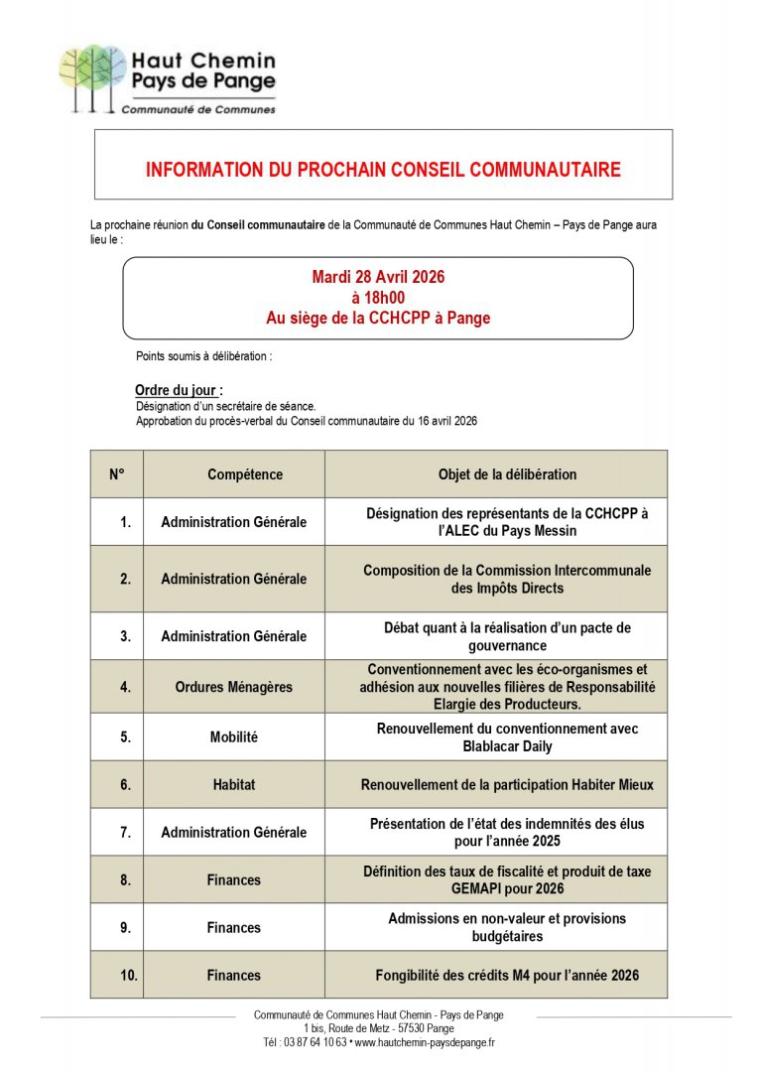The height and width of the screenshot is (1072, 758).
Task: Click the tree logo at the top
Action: click(x=92, y=76)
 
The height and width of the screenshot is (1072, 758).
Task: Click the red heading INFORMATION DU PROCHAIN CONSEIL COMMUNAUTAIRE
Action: click(x=383, y=170)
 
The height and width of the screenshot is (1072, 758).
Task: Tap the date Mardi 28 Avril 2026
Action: click(x=377, y=277)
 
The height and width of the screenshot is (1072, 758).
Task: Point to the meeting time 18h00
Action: click(x=378, y=298)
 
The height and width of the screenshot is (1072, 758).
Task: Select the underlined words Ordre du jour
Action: click(x=176, y=390)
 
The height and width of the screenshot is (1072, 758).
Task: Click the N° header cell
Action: click(x=117, y=474)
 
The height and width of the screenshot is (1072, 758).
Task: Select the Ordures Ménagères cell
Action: click(x=234, y=686)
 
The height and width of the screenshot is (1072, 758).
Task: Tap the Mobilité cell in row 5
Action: click(x=234, y=737)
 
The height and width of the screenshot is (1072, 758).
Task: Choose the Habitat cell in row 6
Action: click(x=234, y=784)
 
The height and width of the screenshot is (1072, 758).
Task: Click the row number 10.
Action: click(x=129, y=976)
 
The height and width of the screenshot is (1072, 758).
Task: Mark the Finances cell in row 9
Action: click(x=234, y=928)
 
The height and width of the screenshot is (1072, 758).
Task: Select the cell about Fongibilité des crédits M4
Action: click(x=507, y=976)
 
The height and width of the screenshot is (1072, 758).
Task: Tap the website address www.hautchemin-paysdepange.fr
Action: click(x=425, y=1042)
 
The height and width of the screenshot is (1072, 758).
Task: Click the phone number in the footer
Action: click(x=306, y=1042)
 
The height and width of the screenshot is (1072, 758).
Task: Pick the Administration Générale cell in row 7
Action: click(x=234, y=833)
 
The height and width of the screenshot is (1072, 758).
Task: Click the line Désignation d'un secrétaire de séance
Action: click(x=226, y=406)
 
